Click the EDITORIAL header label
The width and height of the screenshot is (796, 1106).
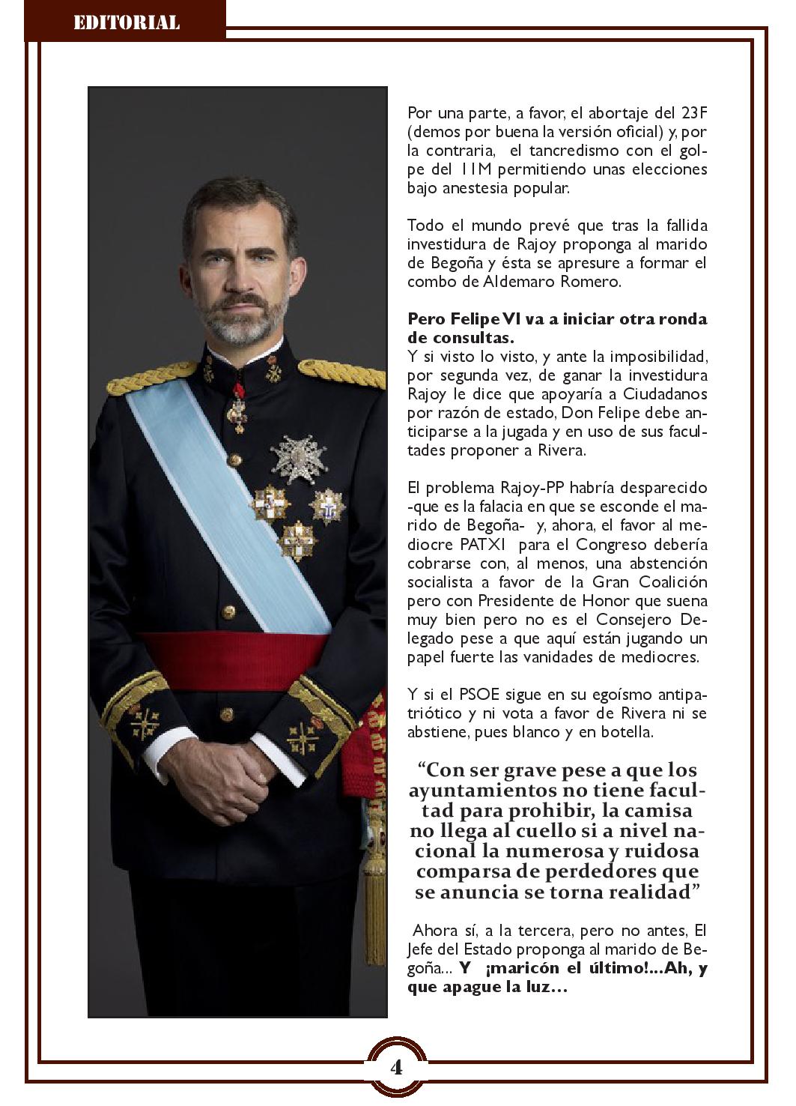[x=126, y=22]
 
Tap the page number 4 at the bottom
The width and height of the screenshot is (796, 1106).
[x=396, y=1066]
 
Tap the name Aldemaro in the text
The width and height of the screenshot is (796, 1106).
[x=505, y=282]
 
